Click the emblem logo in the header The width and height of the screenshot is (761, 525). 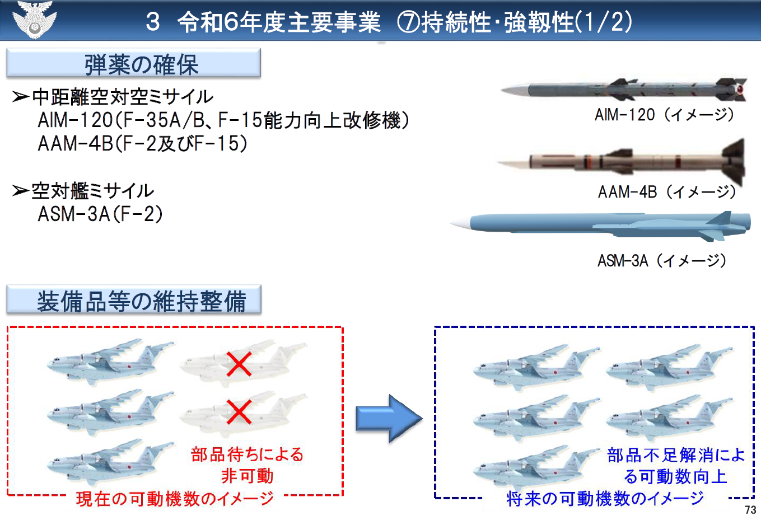coord(34,20)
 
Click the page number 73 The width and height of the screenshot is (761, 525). coord(750,510)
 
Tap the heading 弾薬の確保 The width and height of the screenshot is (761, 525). coord(141,64)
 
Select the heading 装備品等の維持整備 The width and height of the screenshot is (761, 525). coord(141,301)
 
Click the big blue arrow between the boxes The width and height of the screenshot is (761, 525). coord(389,418)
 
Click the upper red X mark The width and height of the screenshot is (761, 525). coord(239,364)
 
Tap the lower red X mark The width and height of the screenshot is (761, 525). coord(239,412)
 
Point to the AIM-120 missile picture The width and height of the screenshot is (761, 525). coord(624,90)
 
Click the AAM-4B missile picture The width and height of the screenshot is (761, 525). coord(622,162)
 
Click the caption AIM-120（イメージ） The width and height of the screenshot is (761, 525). coord(664,115)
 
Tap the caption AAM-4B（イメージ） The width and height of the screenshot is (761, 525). coord(666,192)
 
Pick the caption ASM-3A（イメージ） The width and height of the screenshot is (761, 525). coord(662,261)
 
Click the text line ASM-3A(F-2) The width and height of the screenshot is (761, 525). coord(100,214)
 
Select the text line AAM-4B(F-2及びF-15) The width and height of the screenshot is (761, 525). coord(143,143)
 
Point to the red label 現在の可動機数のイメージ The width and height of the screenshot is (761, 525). coord(175,499)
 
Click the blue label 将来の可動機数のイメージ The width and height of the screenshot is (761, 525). coord(605,499)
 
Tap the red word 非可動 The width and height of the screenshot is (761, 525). coord(248,475)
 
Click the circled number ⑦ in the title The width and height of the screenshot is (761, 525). coord(409,22)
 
